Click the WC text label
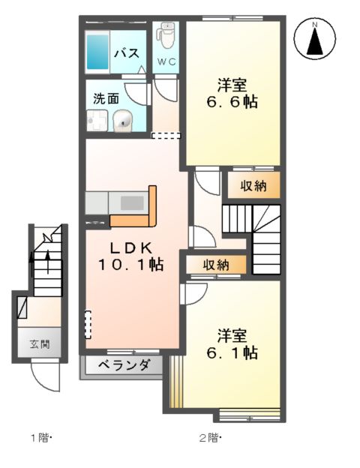pyautogui.click(x=166, y=62)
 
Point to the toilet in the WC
pyautogui.click(x=166, y=36)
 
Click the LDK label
pyautogui.click(x=132, y=247)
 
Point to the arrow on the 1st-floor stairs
pyautogui.click(x=46, y=259)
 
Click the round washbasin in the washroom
pyautogui.click(x=123, y=120)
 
